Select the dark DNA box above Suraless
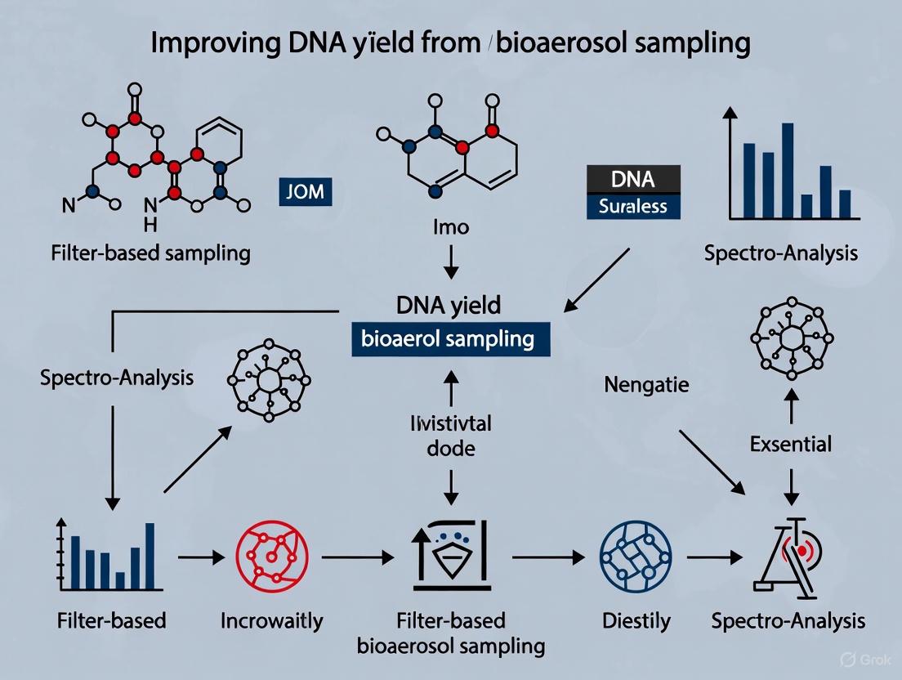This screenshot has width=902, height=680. tap(632, 178)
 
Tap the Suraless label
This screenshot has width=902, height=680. tap(632, 206)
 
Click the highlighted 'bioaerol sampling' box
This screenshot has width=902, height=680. tap(450, 339)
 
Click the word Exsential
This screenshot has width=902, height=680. tap(790, 444)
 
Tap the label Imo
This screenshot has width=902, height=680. tap(450, 226)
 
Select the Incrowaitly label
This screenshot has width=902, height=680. tap(271, 620)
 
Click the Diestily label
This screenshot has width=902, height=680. tap(636, 620)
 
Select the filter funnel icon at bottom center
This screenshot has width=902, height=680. tap(450, 556)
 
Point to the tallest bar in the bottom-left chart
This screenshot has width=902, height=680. tap(150, 555)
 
